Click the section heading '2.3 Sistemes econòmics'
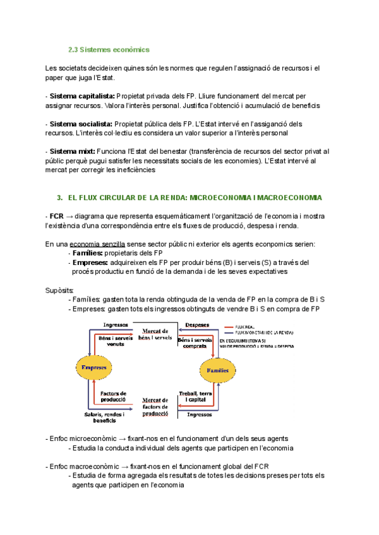(x=109, y=49)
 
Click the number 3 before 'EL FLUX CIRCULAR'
(x=59, y=197)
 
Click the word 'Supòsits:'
(x=61, y=290)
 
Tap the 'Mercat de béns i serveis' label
(x=154, y=334)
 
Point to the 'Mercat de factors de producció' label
(x=155, y=407)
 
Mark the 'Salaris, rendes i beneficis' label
(x=104, y=417)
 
